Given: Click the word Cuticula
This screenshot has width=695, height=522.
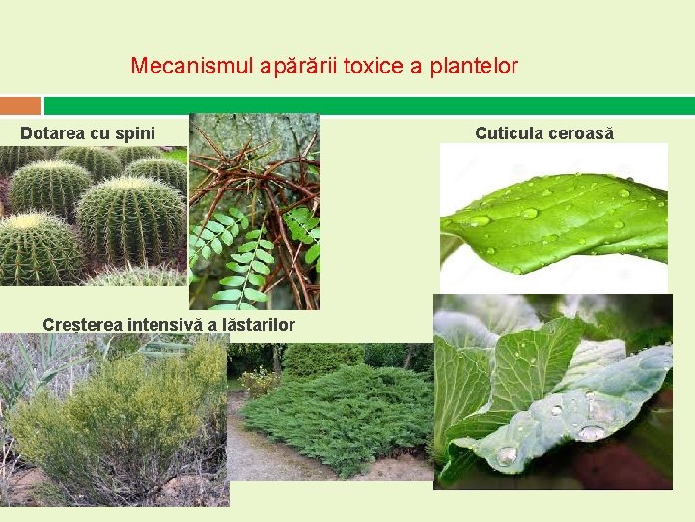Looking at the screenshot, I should (x=509, y=133).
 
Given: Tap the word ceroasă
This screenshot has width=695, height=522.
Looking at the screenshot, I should (x=581, y=133).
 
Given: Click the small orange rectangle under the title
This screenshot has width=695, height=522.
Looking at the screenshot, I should (x=20, y=105).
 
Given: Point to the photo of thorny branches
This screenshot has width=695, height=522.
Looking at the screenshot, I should (x=254, y=211).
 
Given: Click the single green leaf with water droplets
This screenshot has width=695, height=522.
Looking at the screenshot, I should (x=554, y=218).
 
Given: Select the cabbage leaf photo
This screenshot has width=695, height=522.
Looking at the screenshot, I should (x=552, y=391).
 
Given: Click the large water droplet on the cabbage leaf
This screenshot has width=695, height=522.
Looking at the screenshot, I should (x=506, y=454).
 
